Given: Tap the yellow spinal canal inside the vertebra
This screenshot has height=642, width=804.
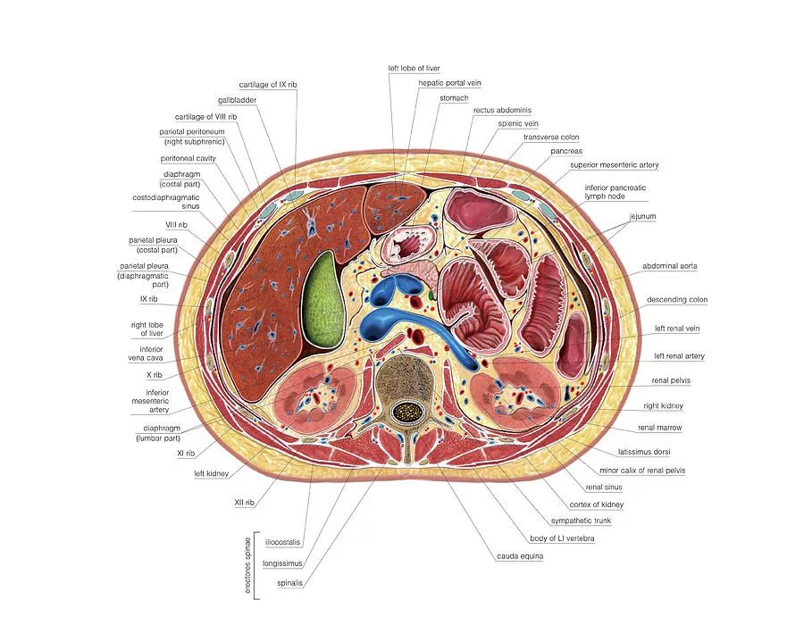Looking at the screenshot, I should tap(407, 412).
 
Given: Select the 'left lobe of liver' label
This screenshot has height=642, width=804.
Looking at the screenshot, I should tap(414, 68).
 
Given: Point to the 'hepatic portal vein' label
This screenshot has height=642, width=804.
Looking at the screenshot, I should tap(449, 83).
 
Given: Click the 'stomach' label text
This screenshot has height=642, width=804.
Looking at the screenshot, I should tap(454, 97).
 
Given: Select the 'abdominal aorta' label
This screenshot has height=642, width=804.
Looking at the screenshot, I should tap(669, 266).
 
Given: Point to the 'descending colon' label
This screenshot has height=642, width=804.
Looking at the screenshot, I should tap(677, 299).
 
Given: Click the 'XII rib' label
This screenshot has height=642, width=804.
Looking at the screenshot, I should tap(245, 503).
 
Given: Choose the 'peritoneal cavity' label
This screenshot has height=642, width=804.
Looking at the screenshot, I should tap(188, 158).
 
